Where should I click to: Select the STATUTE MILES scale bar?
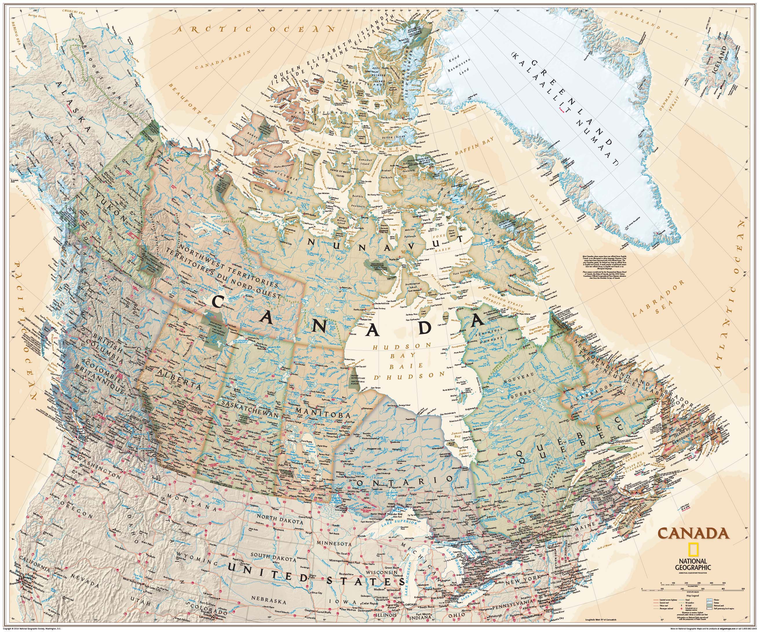(693, 590)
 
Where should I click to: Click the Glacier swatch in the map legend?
(710, 600)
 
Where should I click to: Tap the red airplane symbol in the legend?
(682, 609)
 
